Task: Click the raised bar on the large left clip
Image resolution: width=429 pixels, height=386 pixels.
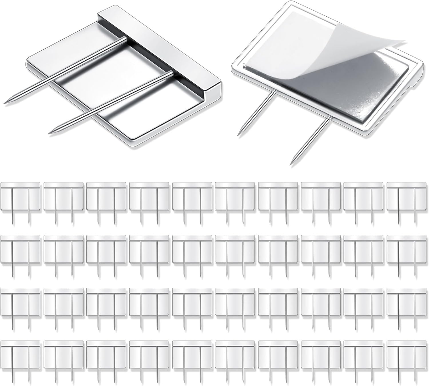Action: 160,49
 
